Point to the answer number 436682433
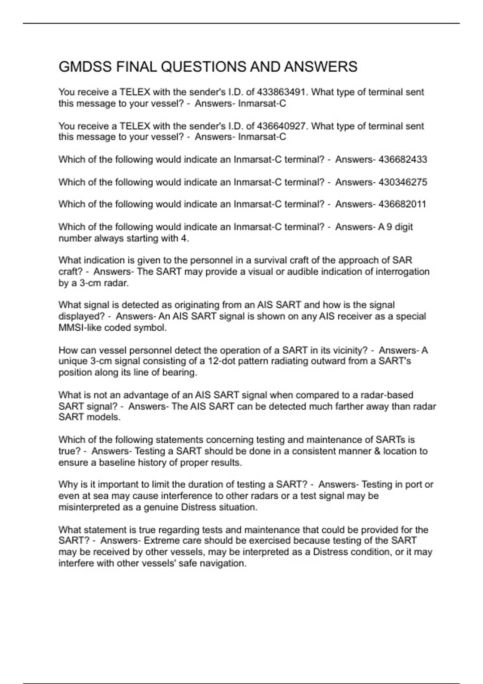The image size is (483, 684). [x=402, y=160]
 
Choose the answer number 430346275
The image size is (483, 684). [x=402, y=182]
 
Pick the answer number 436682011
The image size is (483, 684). [x=402, y=204]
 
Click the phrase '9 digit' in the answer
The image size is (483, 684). [x=399, y=227]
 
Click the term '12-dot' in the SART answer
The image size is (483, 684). [x=222, y=361]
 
